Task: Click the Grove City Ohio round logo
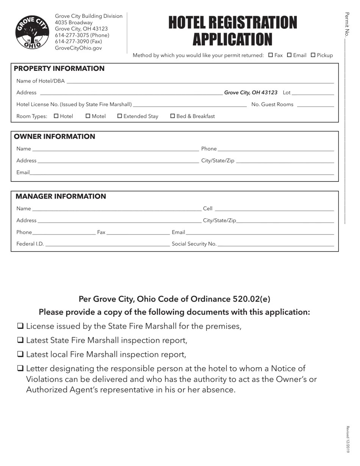32,32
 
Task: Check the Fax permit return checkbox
271,55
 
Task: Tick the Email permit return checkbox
289,55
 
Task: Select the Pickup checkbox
313,55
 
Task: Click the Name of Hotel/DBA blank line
200,81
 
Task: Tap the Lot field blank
313,93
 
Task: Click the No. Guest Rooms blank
315,105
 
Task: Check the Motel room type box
88,116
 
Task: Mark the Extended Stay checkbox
120,116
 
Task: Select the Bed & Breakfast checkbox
173,116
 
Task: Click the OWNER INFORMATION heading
55,136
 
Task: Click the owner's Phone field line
276,149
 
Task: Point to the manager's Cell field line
274,209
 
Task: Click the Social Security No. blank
276,244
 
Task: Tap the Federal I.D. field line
107,244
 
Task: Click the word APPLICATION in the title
232,39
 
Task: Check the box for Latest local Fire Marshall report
20,354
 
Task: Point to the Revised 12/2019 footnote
347,439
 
